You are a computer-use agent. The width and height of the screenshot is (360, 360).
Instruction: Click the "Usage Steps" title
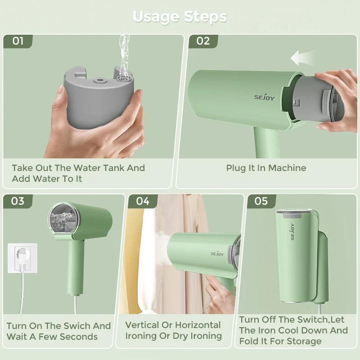(x=180, y=17)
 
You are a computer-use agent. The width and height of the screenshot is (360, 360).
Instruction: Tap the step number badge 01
(x=18, y=41)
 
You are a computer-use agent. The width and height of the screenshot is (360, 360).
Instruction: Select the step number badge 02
(x=203, y=41)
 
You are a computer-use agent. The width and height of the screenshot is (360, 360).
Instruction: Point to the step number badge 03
(x=18, y=201)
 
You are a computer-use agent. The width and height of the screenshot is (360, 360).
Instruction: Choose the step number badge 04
(x=143, y=201)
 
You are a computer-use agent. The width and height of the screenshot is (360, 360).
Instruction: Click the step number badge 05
(x=261, y=201)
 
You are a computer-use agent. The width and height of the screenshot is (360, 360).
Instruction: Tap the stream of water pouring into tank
(x=124, y=54)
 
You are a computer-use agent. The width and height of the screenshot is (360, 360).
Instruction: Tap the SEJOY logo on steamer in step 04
(x=217, y=254)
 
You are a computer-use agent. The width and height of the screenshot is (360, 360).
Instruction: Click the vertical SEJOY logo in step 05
(x=292, y=231)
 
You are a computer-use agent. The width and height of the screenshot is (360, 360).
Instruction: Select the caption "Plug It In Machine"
(x=266, y=168)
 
